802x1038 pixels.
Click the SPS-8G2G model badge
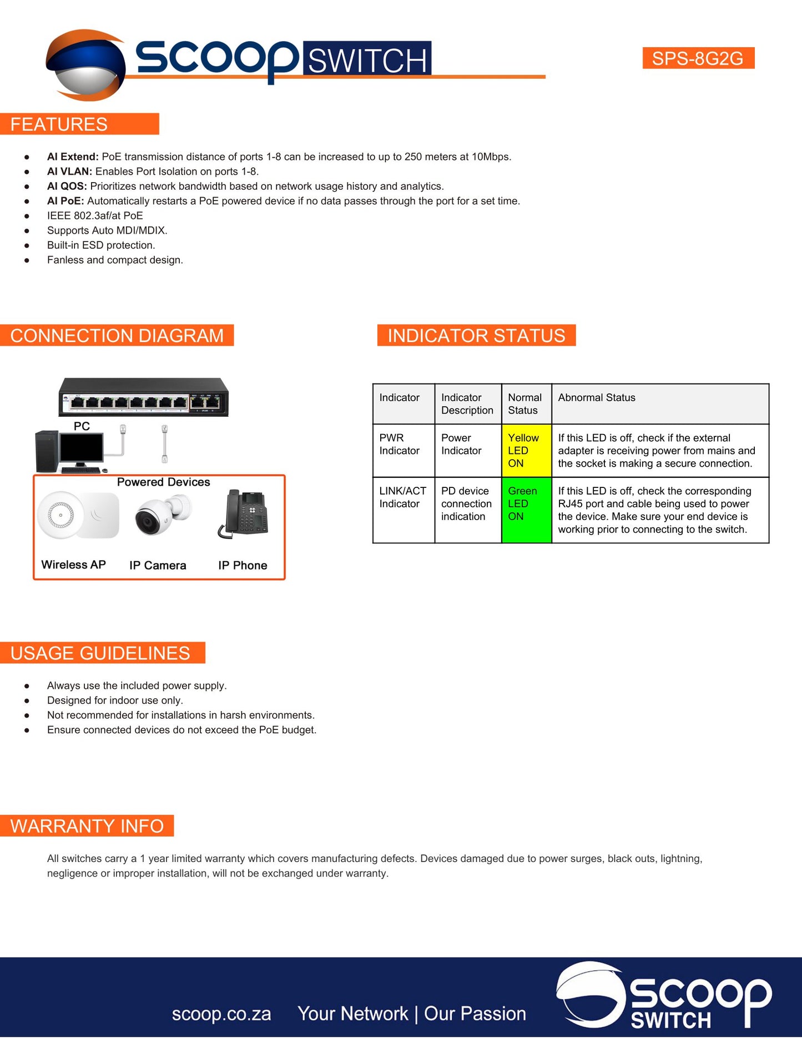point(698,58)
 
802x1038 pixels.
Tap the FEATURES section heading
point(59,124)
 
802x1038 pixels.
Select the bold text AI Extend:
point(73,157)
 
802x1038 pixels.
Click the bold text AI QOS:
point(67,187)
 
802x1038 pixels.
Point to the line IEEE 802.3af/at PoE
point(95,216)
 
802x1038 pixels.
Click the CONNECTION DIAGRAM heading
point(117,336)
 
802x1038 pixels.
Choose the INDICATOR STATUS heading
point(476,336)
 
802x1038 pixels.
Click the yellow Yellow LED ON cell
point(526,451)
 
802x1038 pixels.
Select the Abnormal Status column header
point(597,398)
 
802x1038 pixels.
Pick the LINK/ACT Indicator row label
point(403,497)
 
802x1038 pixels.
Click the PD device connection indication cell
point(467,504)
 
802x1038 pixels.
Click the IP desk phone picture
point(244,514)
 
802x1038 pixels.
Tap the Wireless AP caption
point(73,565)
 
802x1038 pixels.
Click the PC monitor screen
point(82,449)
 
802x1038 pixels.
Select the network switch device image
point(143,397)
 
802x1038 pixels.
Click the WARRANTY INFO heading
point(87,826)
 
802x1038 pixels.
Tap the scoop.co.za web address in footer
point(221,1014)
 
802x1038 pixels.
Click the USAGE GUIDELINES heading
point(100,653)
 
